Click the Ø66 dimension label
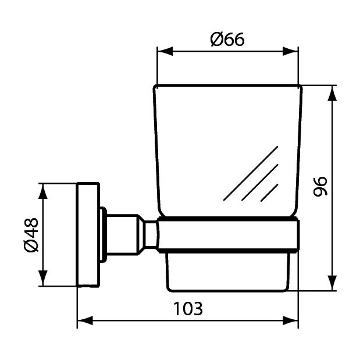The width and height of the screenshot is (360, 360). point(227,39)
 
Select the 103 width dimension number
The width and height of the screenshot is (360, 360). point(188,308)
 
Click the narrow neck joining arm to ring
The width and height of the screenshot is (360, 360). point(150,235)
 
